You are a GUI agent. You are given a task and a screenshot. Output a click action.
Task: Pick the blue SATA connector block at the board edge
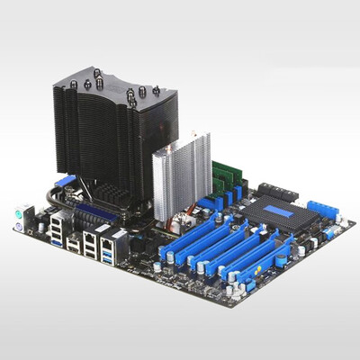(x=322, y=211)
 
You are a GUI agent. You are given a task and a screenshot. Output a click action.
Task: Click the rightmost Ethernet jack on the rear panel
(x=107, y=240)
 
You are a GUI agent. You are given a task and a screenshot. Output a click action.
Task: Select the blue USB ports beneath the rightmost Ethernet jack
(x=110, y=256)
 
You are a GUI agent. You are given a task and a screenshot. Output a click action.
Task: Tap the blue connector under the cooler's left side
(x=62, y=181)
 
